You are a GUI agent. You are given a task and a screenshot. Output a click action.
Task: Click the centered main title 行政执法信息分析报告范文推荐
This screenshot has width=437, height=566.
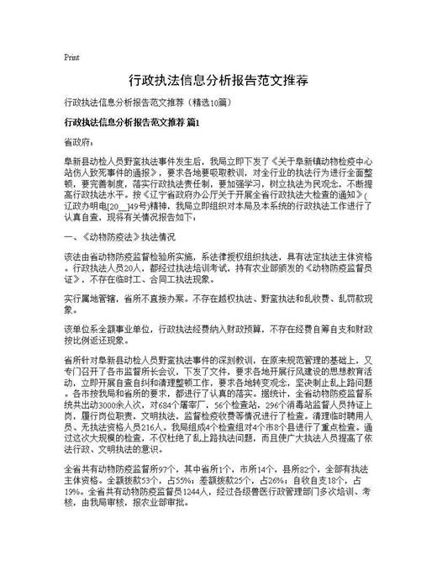[x=218, y=82]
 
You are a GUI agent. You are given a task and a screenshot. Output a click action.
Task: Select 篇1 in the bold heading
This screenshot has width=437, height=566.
[x=193, y=123]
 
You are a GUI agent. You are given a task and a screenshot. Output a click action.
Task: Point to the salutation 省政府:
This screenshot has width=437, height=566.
[x=79, y=143]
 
